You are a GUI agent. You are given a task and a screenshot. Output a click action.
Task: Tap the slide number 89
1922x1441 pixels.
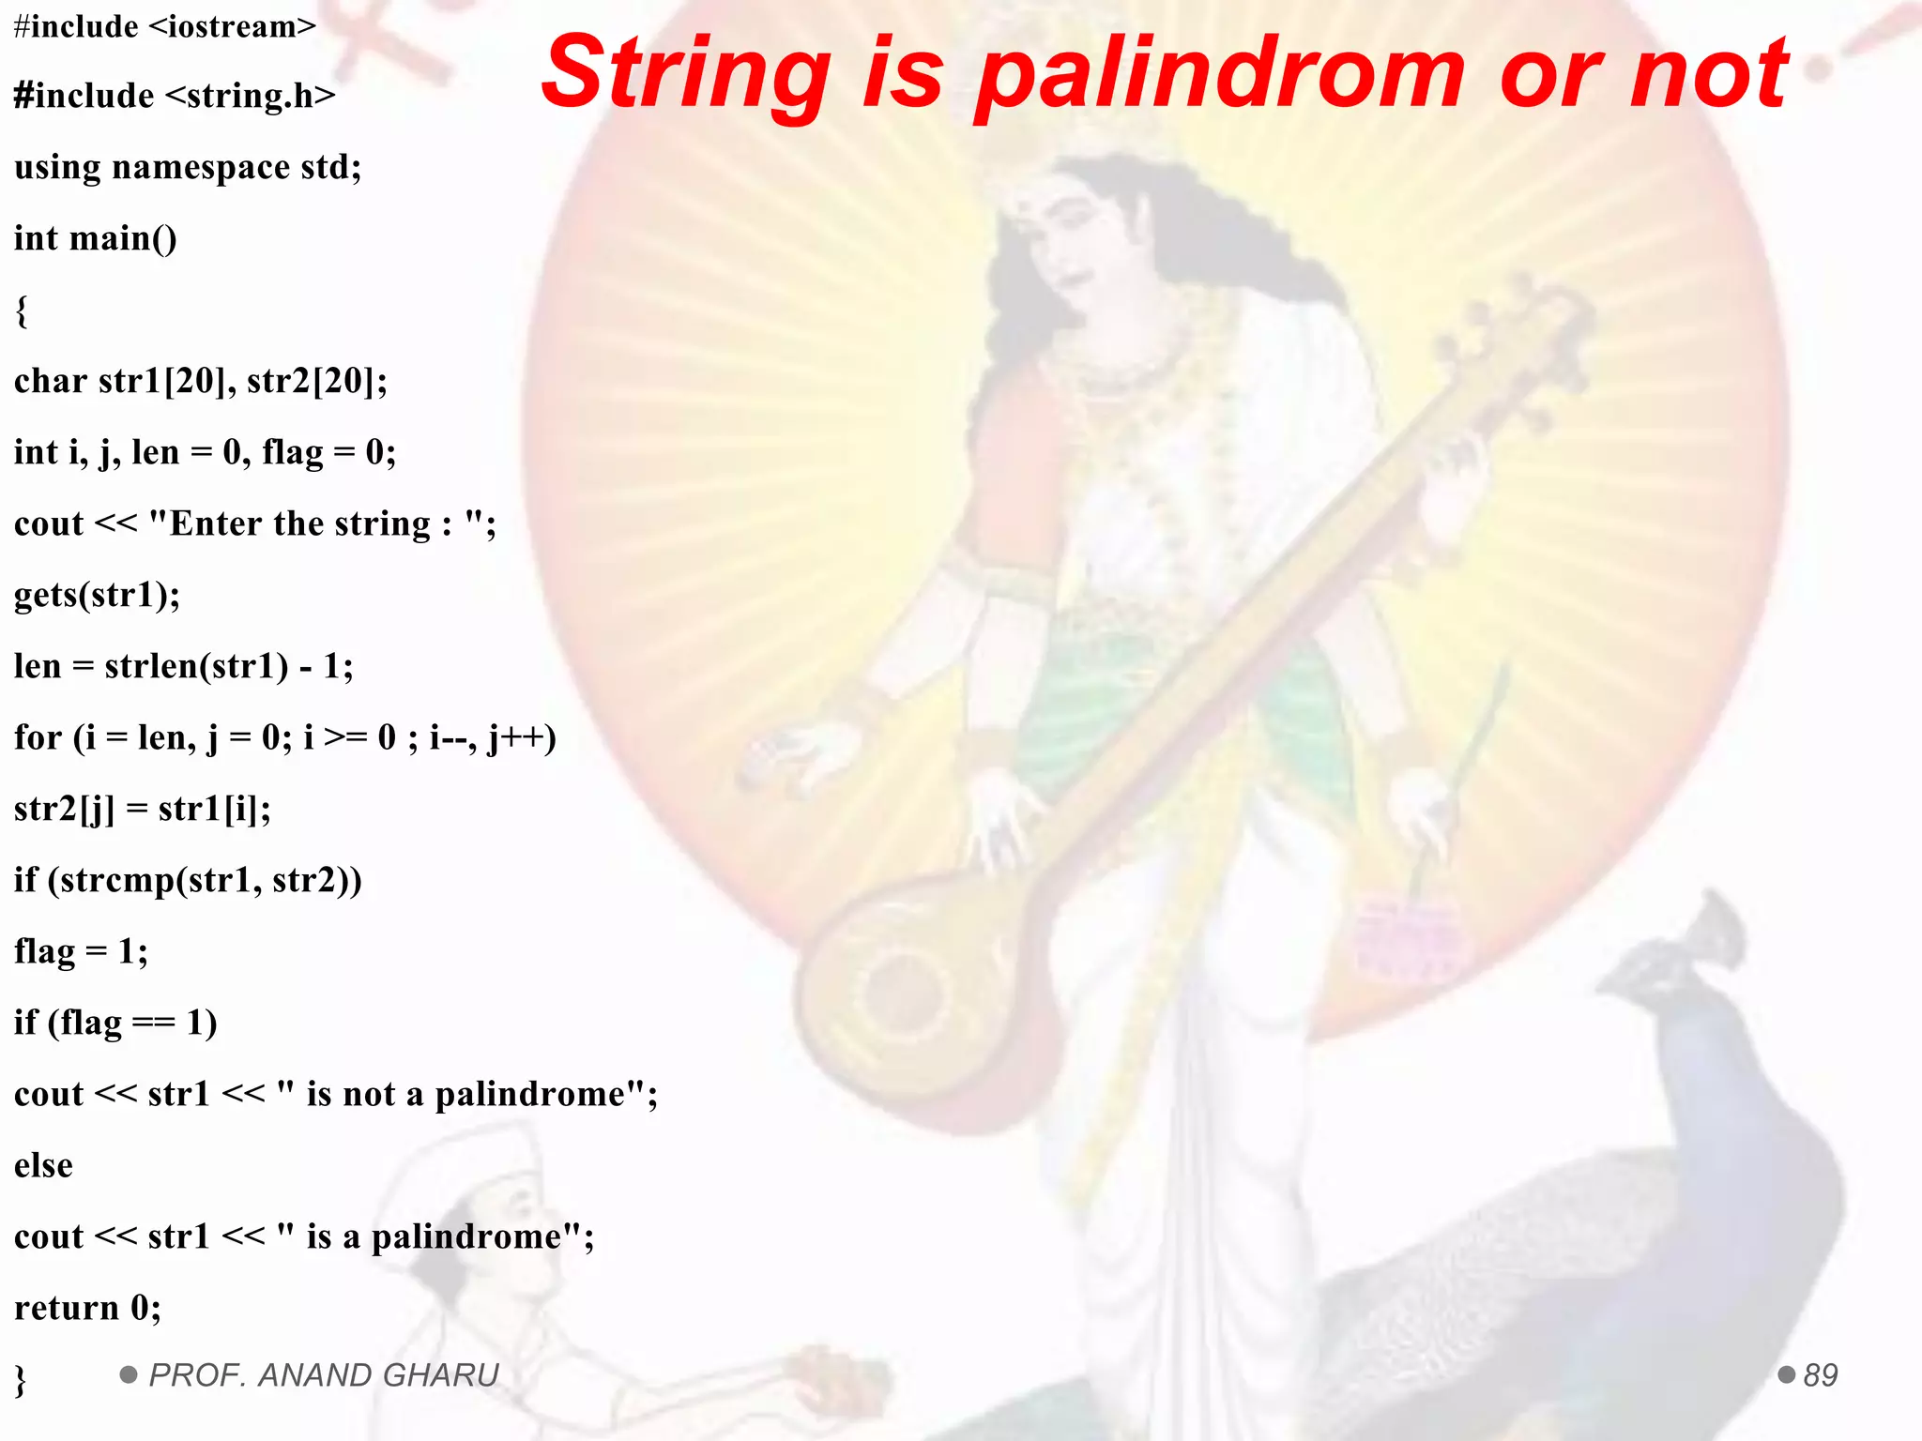pos(1820,1375)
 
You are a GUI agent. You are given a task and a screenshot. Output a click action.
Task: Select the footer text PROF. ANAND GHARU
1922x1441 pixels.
pos(324,1375)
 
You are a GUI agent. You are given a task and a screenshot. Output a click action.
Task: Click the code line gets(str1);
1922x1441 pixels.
pos(98,595)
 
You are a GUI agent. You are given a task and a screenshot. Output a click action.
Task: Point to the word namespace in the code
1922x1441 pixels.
pos(201,167)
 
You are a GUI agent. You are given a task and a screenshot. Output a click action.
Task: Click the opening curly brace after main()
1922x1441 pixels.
pos(22,311)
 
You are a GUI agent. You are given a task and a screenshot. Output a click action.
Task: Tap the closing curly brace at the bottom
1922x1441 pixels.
pos(21,1380)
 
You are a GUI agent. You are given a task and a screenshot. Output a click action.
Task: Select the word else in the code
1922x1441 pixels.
pos(43,1165)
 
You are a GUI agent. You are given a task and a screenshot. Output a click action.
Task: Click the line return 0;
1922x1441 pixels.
pos(87,1308)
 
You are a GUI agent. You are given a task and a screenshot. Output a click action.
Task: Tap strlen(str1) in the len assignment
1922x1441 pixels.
pos(196,666)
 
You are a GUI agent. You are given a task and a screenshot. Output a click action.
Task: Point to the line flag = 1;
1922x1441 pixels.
pos(81,951)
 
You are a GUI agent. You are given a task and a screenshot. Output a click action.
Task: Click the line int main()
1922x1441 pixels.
pos(95,238)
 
